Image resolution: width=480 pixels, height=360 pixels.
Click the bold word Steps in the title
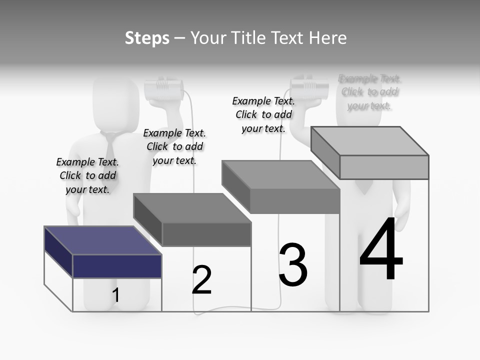[x=147, y=38]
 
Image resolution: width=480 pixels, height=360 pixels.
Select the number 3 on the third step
[x=292, y=265]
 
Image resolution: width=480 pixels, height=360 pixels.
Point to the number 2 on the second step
[x=201, y=279]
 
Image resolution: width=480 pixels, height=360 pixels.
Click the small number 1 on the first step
[x=115, y=295]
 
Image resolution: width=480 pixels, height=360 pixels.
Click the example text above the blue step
[x=87, y=175]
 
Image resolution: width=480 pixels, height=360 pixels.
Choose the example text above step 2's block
[x=174, y=146]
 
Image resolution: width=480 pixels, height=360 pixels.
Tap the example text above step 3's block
[x=263, y=114]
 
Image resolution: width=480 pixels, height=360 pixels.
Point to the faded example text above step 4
[x=369, y=92]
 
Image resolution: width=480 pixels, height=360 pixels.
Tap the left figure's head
[x=116, y=102]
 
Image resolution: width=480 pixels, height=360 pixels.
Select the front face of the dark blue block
[x=117, y=266]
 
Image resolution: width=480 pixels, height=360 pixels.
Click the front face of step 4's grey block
[x=384, y=167]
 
